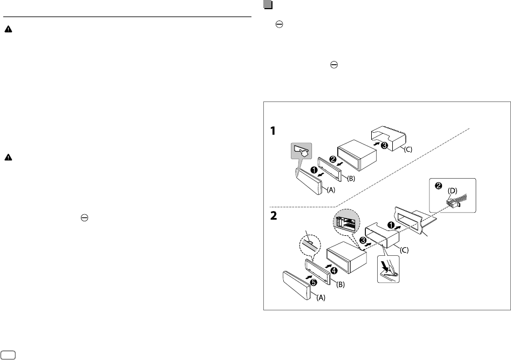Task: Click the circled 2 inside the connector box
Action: pyautogui.click(x=439, y=186)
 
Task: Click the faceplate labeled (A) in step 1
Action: pyautogui.click(x=309, y=180)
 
